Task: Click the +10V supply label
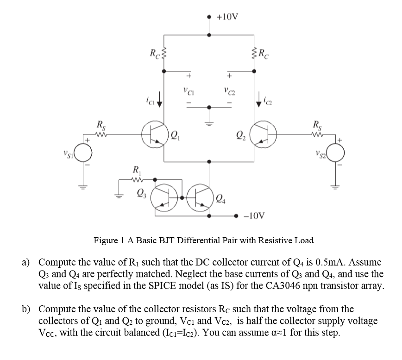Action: [228, 18]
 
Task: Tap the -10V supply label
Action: [254, 216]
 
